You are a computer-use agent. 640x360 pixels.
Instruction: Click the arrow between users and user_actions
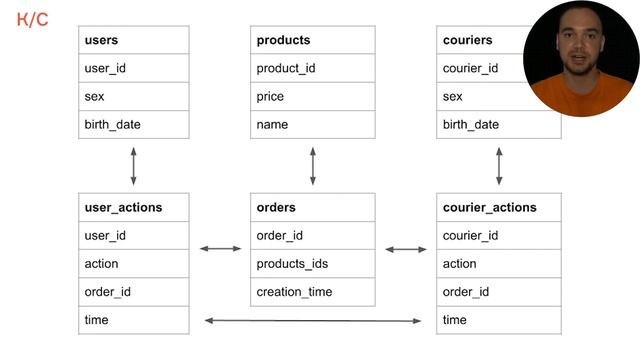[133, 166]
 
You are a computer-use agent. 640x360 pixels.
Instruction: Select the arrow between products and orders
[313, 166]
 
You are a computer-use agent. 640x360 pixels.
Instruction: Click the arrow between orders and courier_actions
[406, 249]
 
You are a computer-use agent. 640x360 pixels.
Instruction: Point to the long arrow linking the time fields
[313, 320]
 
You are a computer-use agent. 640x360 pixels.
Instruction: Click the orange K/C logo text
[33, 18]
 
